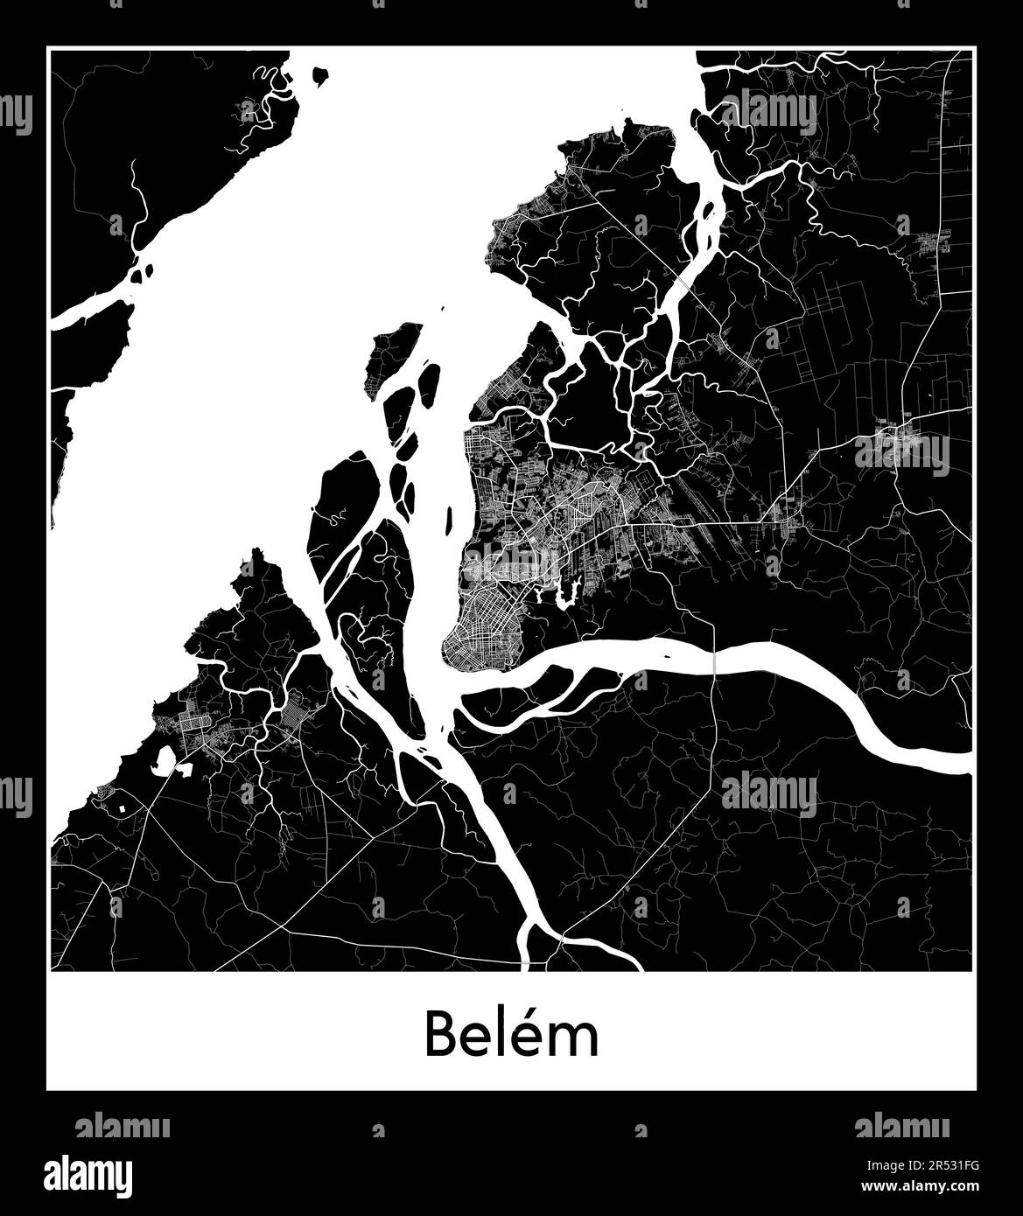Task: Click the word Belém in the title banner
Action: (x=512, y=1035)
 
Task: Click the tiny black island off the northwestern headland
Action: (x=321, y=76)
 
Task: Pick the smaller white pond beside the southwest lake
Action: (x=186, y=770)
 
